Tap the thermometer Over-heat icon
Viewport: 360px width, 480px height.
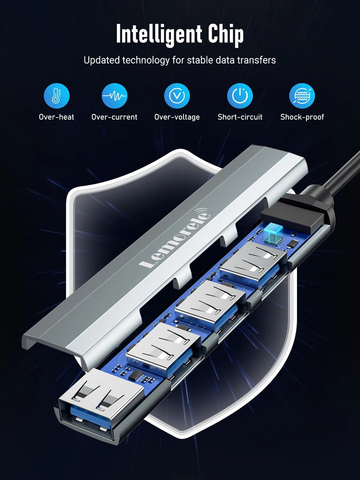(x=56, y=95)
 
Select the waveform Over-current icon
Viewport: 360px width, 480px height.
(x=114, y=95)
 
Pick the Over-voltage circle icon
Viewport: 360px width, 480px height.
(x=177, y=95)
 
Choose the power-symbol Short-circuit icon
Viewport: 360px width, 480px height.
(x=239, y=95)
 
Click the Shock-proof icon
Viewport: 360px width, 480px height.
(x=302, y=95)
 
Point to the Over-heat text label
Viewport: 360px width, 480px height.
(x=56, y=117)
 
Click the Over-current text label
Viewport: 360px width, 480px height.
(x=114, y=117)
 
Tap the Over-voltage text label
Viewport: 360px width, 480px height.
(x=177, y=117)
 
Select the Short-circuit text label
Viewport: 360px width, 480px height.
(x=240, y=117)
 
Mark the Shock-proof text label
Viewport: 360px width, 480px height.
(x=302, y=117)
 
